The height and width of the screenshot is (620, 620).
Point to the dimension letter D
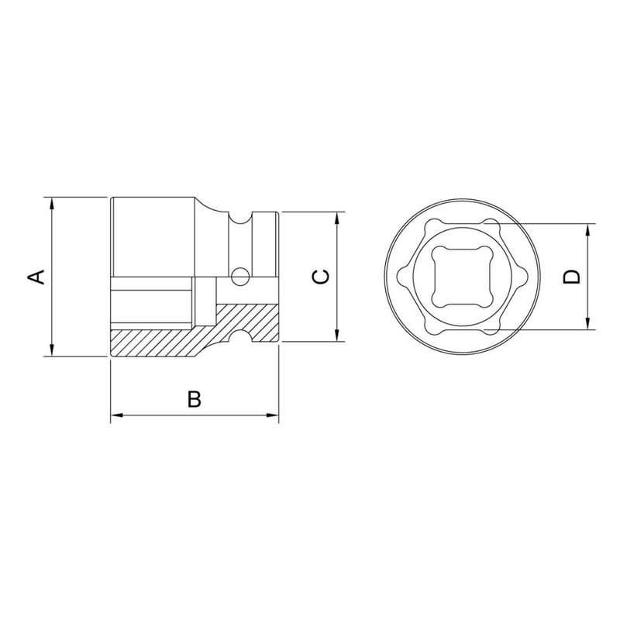(572, 277)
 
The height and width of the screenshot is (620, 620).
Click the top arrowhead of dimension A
(52, 204)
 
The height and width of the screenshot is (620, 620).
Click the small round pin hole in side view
(240, 274)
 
